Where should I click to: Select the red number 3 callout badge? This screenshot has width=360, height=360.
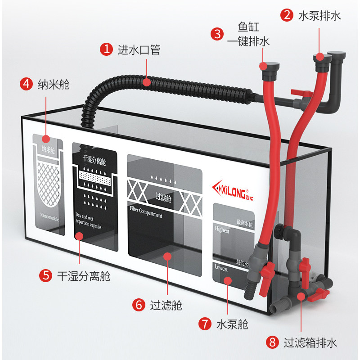tap(217, 34)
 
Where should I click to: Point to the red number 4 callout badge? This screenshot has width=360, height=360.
tap(27, 84)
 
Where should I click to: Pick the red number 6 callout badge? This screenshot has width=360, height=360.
tap(139, 305)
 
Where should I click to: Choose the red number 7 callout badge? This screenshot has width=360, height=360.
tap(204, 324)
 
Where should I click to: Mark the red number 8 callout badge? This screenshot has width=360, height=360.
tap(271, 342)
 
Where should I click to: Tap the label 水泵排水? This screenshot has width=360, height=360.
tap(319, 16)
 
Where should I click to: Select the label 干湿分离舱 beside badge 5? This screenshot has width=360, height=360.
tap(84, 275)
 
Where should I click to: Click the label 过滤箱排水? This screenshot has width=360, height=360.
tap(310, 342)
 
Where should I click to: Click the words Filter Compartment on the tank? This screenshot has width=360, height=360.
tap(146, 212)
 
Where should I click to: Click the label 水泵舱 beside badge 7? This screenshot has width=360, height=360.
tap(232, 324)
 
